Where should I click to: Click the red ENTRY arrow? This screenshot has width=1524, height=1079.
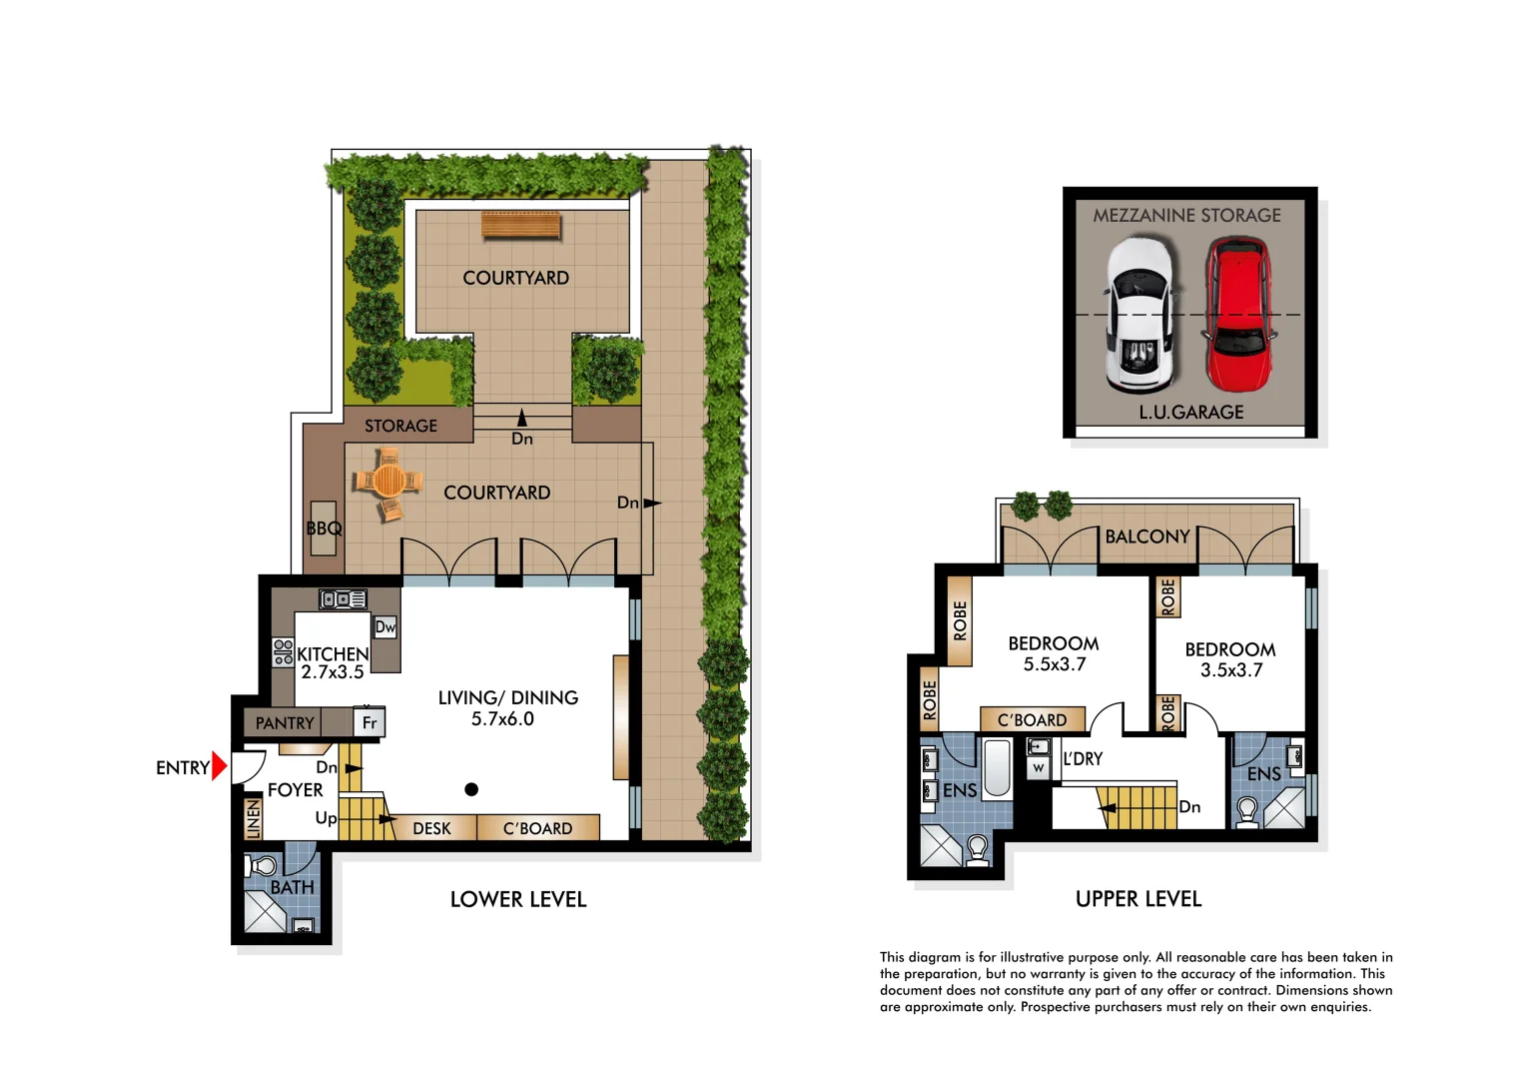point(220,767)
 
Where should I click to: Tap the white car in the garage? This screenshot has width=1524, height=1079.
point(1141,315)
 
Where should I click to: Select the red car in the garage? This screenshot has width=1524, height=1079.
point(1238,315)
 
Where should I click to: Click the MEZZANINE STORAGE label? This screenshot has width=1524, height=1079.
point(1186,215)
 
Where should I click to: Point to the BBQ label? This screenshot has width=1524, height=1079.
point(324,529)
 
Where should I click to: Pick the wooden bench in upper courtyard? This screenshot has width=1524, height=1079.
point(520,226)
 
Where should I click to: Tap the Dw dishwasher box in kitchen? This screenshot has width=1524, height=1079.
point(385,627)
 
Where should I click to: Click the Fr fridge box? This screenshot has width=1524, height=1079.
point(370,722)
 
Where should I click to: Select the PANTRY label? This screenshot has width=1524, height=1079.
point(285,723)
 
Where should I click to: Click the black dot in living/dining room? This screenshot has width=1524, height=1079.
point(471,789)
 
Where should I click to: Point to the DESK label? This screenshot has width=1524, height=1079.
point(431,828)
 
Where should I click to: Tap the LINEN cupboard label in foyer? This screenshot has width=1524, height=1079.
point(254,818)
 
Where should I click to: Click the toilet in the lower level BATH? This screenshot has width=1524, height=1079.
point(264,865)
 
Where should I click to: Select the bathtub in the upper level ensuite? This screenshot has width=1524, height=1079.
point(997,767)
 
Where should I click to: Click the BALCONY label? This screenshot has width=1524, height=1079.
point(1147,537)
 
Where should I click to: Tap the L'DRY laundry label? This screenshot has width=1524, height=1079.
point(1083,759)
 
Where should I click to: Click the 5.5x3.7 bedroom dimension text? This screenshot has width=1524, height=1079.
point(1054,665)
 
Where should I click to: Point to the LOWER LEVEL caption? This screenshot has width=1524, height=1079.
point(518,899)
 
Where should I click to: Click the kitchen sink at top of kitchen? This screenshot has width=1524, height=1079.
point(343,599)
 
